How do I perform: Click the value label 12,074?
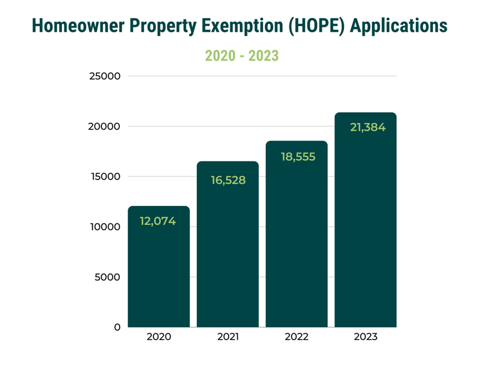point(158,221)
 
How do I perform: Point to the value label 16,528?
point(228,180)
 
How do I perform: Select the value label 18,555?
point(298,157)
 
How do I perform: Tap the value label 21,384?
point(367,127)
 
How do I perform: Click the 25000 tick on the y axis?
point(105,76)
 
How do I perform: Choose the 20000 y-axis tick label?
point(105,126)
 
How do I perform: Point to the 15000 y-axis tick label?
point(105,177)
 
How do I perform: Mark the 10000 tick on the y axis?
point(105,227)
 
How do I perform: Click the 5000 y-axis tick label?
point(107,277)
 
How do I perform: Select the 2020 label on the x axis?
point(159,337)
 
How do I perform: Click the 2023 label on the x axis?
point(365,337)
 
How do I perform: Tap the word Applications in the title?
point(398,26)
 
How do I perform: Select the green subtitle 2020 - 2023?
point(242,55)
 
